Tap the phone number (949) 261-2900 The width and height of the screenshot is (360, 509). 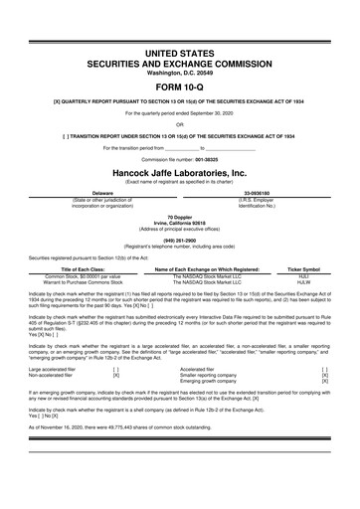pyautogui.click(x=179, y=239)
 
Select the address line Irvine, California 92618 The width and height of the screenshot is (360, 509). pyautogui.click(x=179, y=221)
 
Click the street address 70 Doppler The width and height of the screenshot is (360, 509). pyautogui.click(x=179, y=215)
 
